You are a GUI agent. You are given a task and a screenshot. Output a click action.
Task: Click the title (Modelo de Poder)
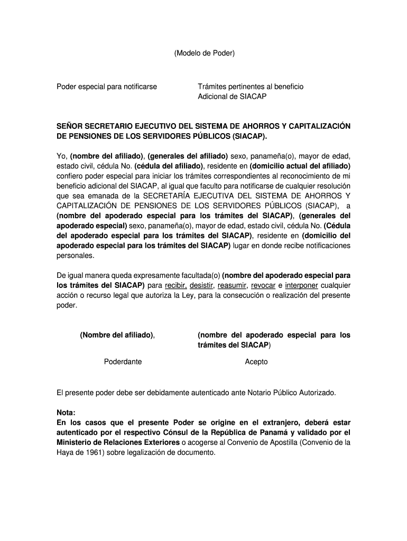click(x=203, y=53)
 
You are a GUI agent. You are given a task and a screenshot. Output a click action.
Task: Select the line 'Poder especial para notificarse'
click(x=107, y=86)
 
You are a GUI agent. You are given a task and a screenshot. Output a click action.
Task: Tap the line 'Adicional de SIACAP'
click(x=232, y=97)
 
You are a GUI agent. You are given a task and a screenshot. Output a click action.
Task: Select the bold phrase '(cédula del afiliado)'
click(x=169, y=166)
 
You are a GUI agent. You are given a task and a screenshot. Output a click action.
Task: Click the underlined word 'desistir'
click(x=205, y=286)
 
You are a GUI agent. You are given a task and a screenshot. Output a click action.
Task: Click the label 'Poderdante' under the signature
click(x=123, y=362)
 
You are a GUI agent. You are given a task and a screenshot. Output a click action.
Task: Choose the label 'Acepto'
click(x=256, y=362)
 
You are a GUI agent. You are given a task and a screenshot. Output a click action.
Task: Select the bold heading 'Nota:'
click(x=66, y=413)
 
